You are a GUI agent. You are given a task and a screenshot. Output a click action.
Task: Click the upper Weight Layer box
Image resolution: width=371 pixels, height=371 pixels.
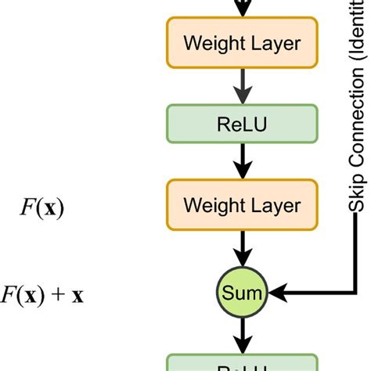click(x=242, y=42)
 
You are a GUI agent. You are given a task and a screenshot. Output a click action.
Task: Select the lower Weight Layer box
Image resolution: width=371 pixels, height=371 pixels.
click(x=242, y=205)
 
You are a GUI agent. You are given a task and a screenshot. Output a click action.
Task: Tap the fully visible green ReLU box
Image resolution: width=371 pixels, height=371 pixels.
click(x=242, y=124)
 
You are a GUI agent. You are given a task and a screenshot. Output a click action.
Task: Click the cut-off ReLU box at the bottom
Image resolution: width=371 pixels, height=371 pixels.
click(x=242, y=363)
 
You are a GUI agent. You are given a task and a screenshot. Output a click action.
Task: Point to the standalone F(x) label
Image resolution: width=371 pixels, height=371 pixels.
click(x=42, y=207)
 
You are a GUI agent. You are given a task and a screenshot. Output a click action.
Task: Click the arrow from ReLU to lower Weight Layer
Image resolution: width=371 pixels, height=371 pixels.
click(x=242, y=164)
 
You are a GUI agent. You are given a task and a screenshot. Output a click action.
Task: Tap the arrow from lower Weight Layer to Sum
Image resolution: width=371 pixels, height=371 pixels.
click(x=242, y=248)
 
